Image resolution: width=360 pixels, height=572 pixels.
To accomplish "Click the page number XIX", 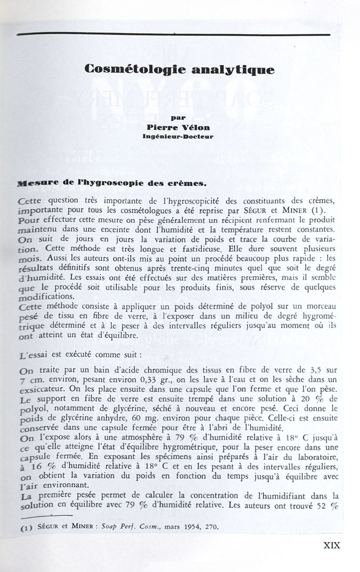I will coord(332,545).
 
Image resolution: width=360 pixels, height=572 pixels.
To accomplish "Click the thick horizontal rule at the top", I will coord(173,34).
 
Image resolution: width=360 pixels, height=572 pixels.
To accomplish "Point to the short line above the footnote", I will coord(46,515).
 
